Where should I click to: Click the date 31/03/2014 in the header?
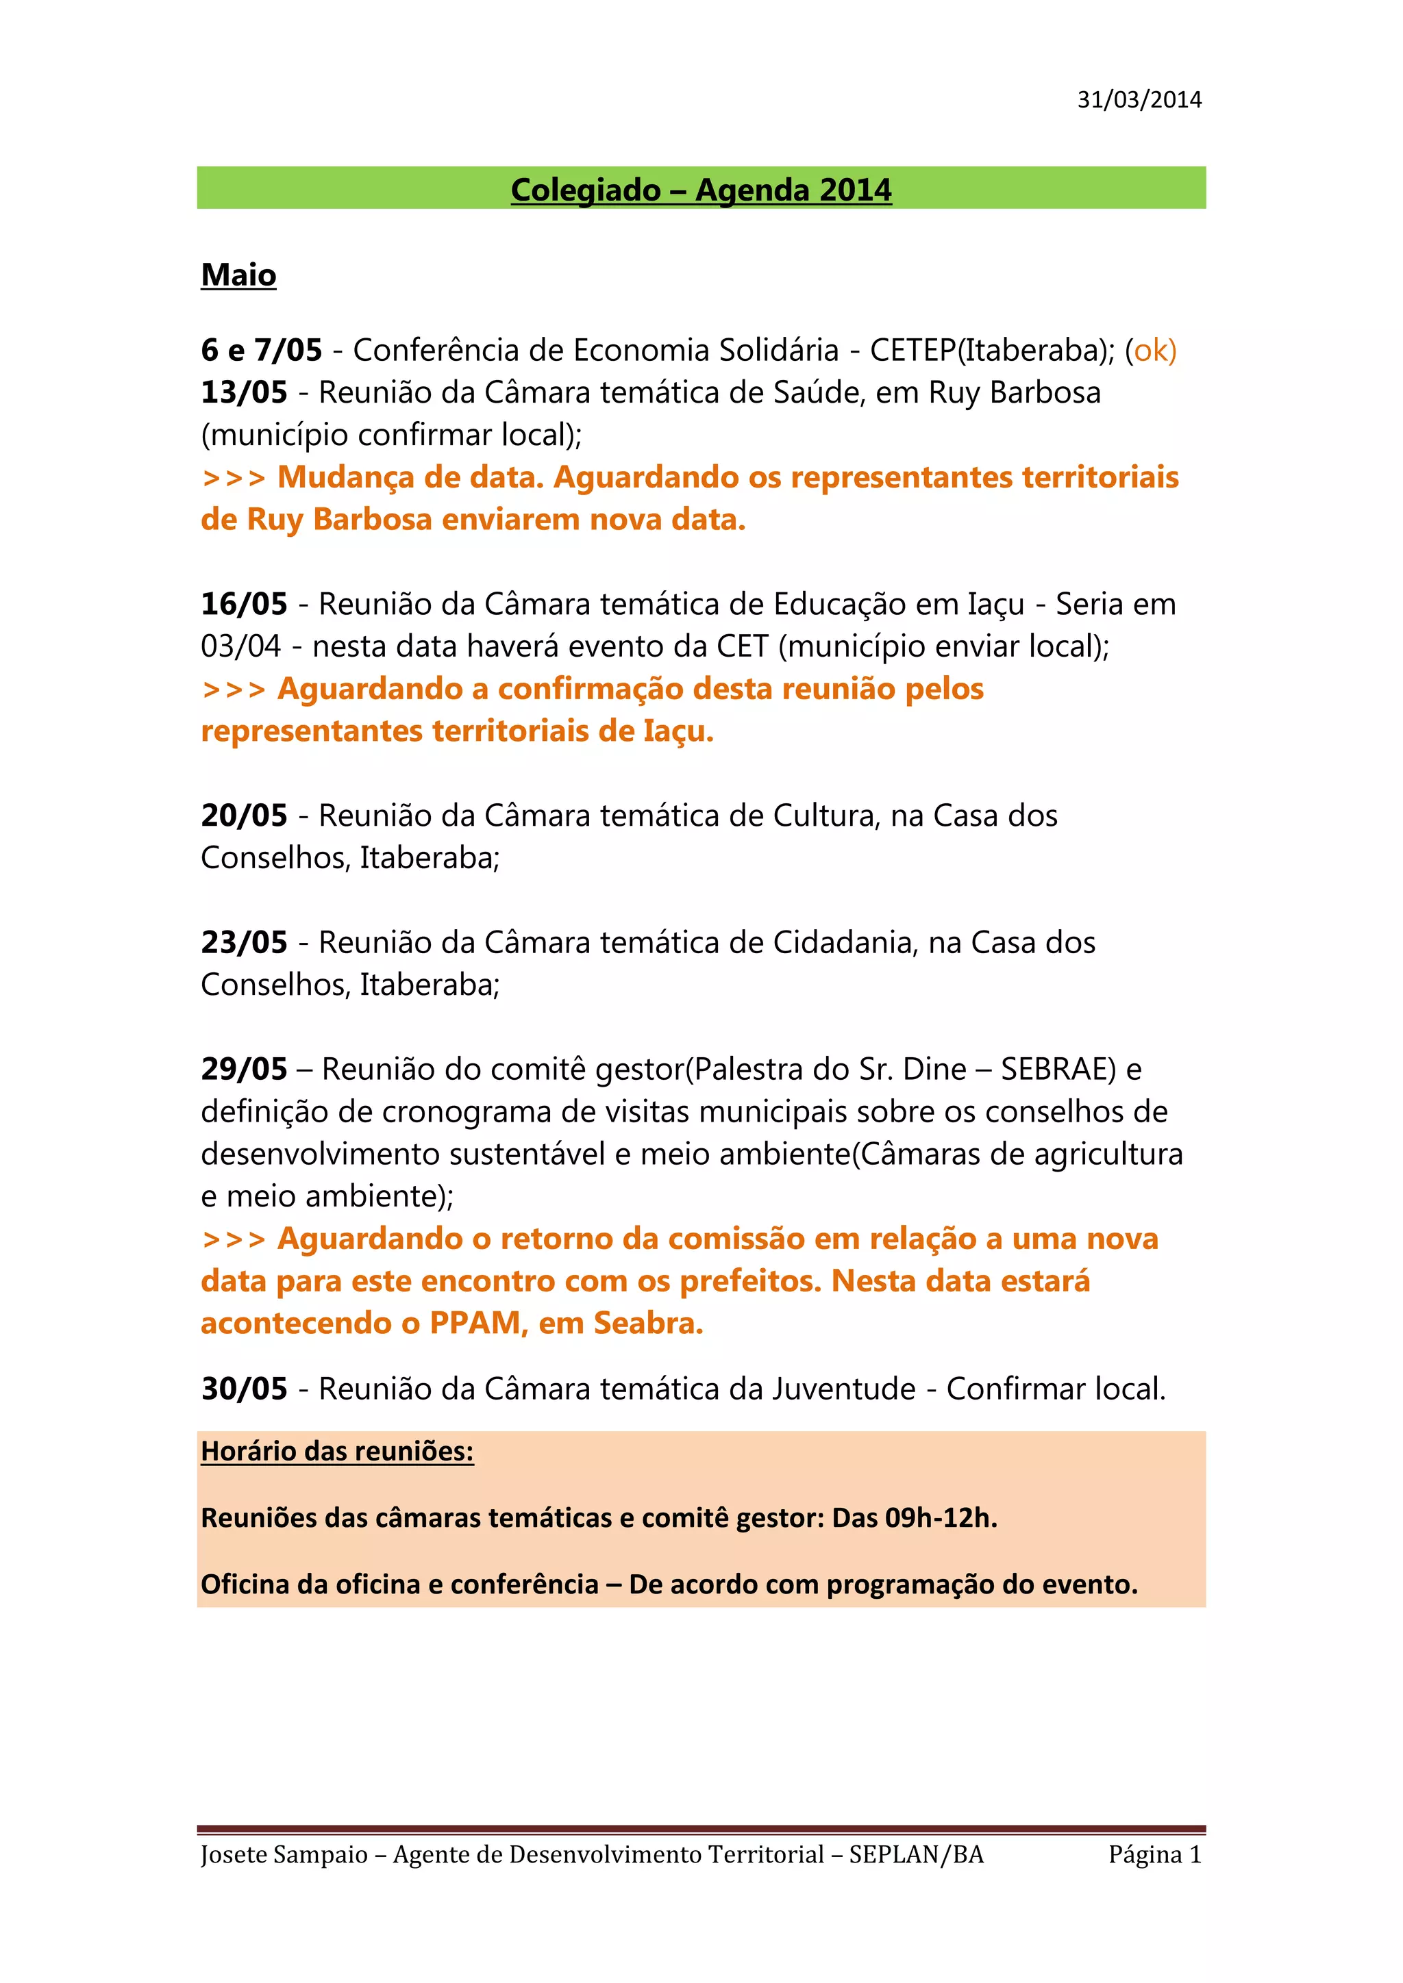(1139, 100)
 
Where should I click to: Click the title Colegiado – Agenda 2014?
(701, 190)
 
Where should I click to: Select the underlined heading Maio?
(238, 275)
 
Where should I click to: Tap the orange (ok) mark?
(1151, 351)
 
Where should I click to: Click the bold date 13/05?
(244, 393)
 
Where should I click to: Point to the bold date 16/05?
(244, 605)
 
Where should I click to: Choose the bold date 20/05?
(244, 816)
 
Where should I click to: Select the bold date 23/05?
(244, 943)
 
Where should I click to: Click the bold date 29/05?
(244, 1070)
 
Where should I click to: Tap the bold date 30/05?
(244, 1389)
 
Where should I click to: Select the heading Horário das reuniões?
(337, 1452)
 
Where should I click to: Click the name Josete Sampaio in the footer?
(284, 1855)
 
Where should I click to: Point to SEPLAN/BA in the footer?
(916, 1855)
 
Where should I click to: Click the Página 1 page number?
(1155, 1855)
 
